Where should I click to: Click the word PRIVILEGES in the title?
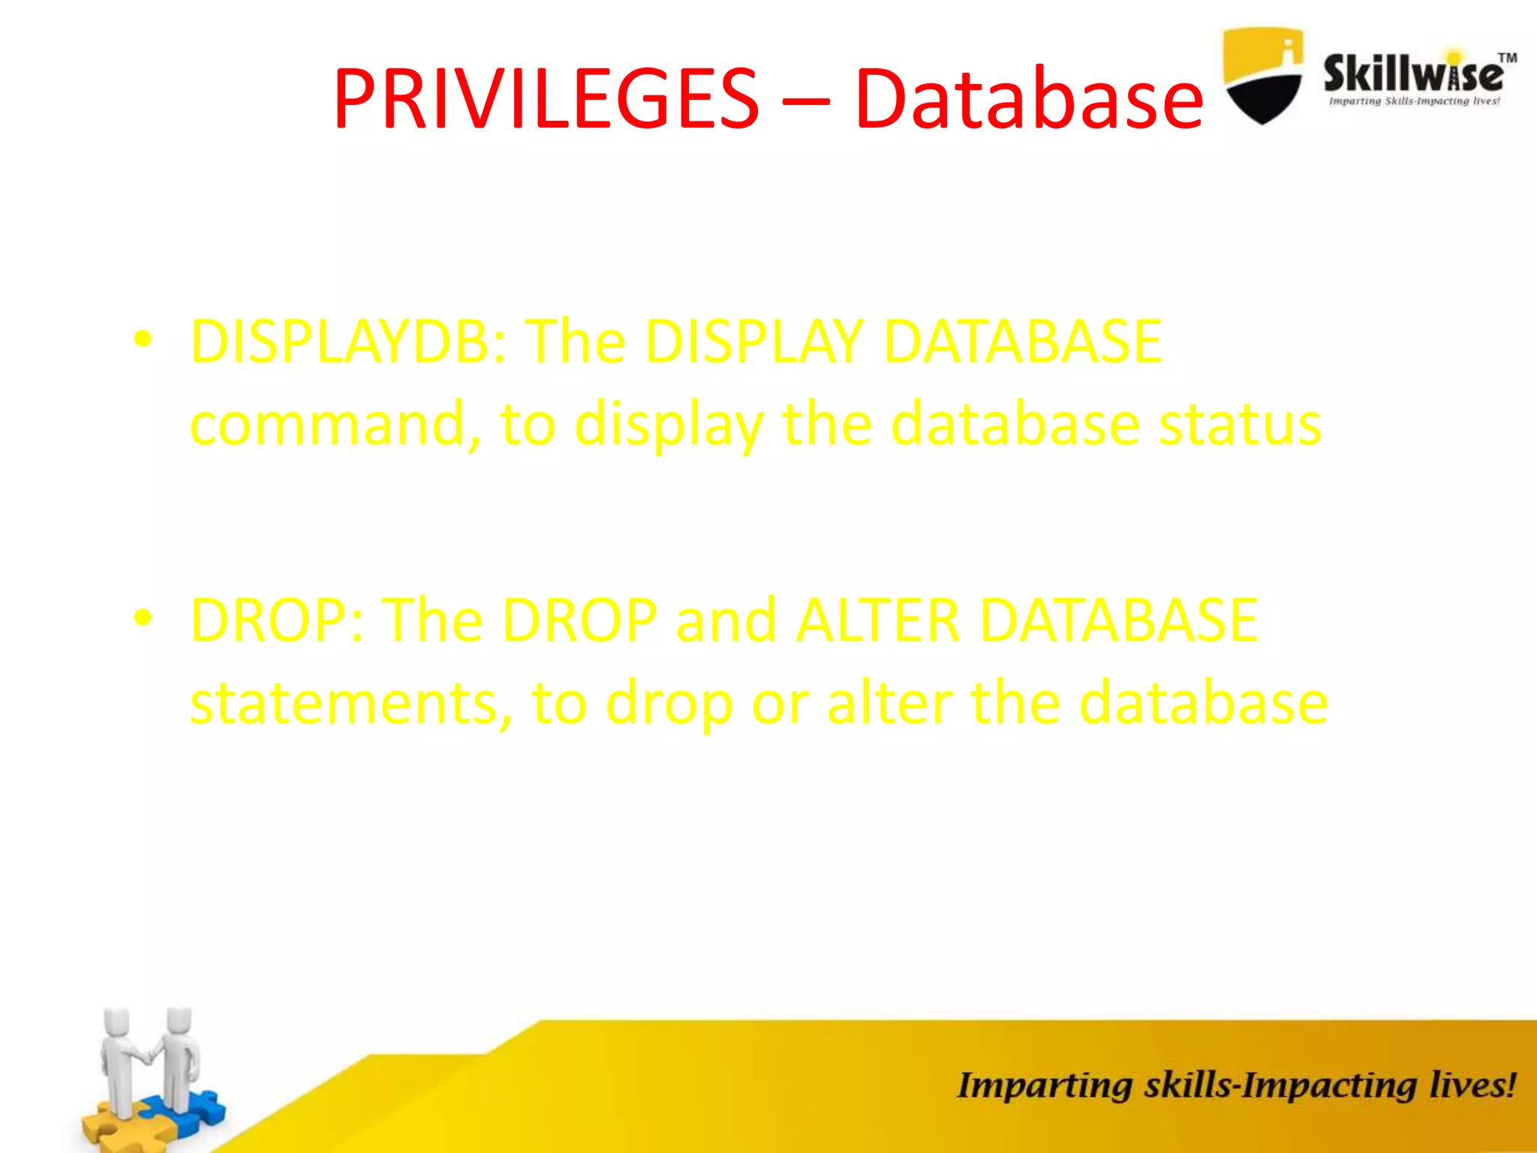click(546, 99)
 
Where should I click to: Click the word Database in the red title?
click(1028, 99)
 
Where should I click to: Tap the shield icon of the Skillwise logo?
click(1262, 75)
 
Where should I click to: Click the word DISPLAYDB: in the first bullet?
click(349, 342)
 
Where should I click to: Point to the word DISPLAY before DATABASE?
click(753, 342)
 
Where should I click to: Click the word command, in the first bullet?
click(335, 425)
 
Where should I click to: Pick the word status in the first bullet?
click(1240, 425)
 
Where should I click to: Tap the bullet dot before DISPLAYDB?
click(143, 340)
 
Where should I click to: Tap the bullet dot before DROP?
click(143, 619)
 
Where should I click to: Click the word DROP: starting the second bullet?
click(278, 621)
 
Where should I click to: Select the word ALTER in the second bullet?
click(878, 621)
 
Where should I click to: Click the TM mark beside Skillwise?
click(1507, 59)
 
